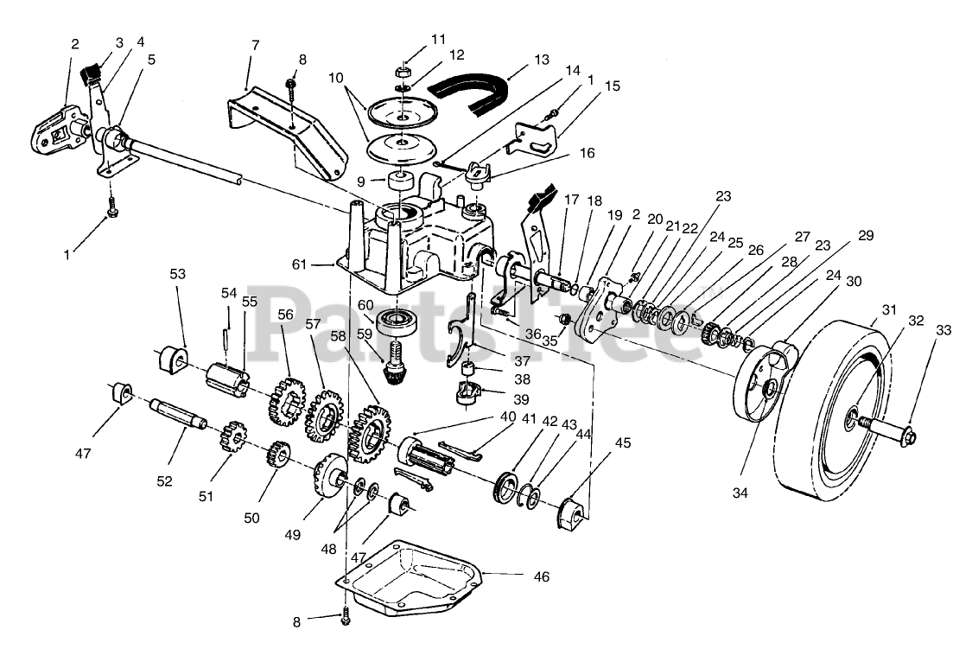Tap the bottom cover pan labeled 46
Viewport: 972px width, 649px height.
[415, 578]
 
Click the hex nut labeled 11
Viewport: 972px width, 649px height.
[402, 70]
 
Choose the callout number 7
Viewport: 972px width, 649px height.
[254, 43]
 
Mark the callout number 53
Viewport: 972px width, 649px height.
[177, 274]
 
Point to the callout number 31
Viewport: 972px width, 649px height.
[889, 310]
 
